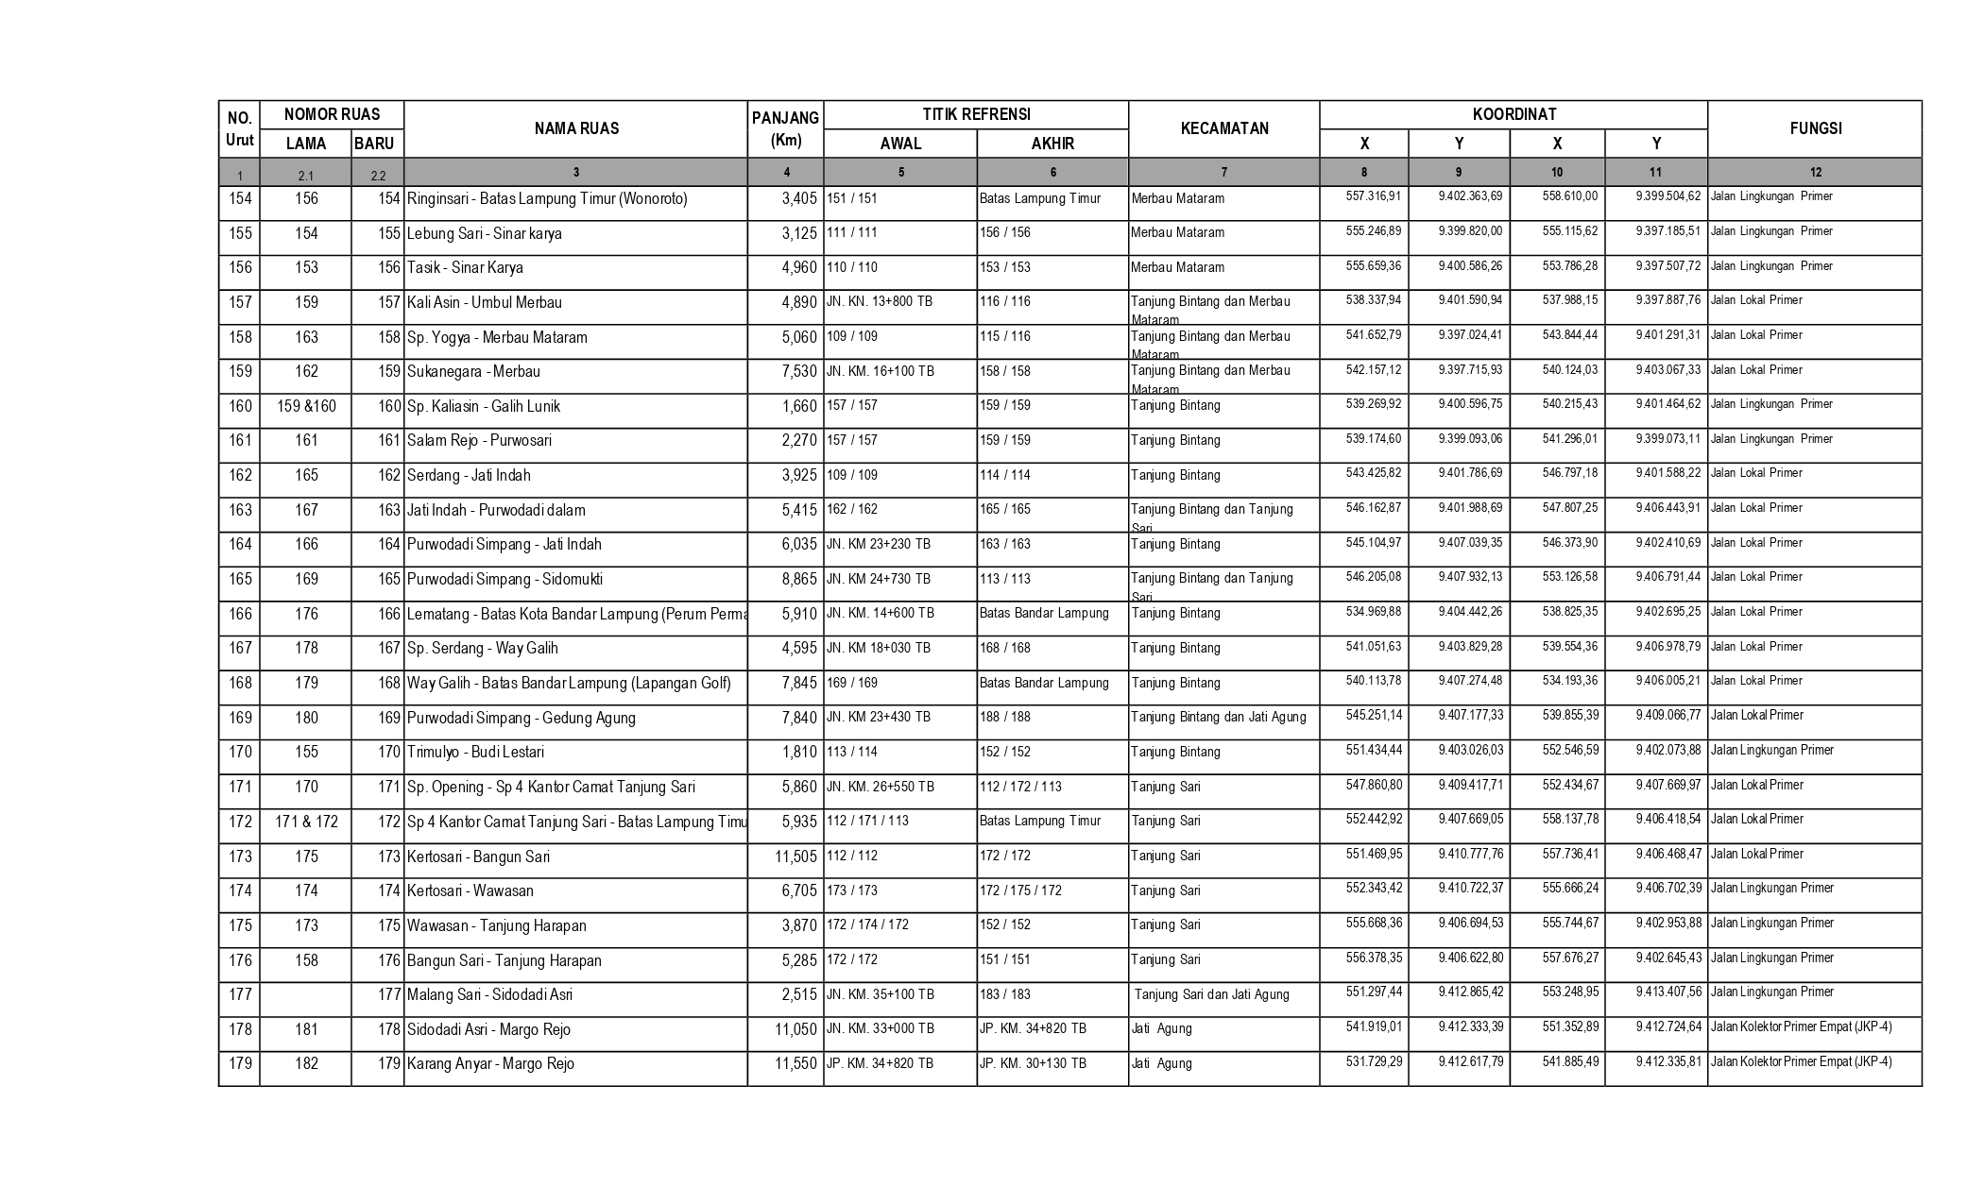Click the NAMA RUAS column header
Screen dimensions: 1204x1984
click(576, 128)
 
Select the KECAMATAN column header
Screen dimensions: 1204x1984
click(1223, 128)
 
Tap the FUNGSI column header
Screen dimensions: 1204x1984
click(1815, 128)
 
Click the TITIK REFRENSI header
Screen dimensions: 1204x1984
click(976, 114)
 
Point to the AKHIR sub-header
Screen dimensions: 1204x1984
click(1052, 144)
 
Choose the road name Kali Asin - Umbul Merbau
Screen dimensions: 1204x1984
click(485, 302)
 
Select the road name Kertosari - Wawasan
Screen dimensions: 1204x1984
click(470, 890)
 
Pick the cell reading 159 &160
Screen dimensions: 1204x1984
click(306, 406)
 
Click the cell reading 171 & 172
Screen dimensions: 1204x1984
click(306, 822)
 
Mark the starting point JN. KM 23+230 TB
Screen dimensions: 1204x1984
click(879, 544)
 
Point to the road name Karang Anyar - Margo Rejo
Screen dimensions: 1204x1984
click(490, 1063)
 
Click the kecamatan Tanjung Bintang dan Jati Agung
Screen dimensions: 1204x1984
click(1219, 717)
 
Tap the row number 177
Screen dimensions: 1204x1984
click(240, 994)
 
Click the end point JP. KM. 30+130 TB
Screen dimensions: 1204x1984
click(1033, 1063)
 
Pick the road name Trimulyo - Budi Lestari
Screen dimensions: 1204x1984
click(475, 752)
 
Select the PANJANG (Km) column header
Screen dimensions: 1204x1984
click(785, 129)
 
